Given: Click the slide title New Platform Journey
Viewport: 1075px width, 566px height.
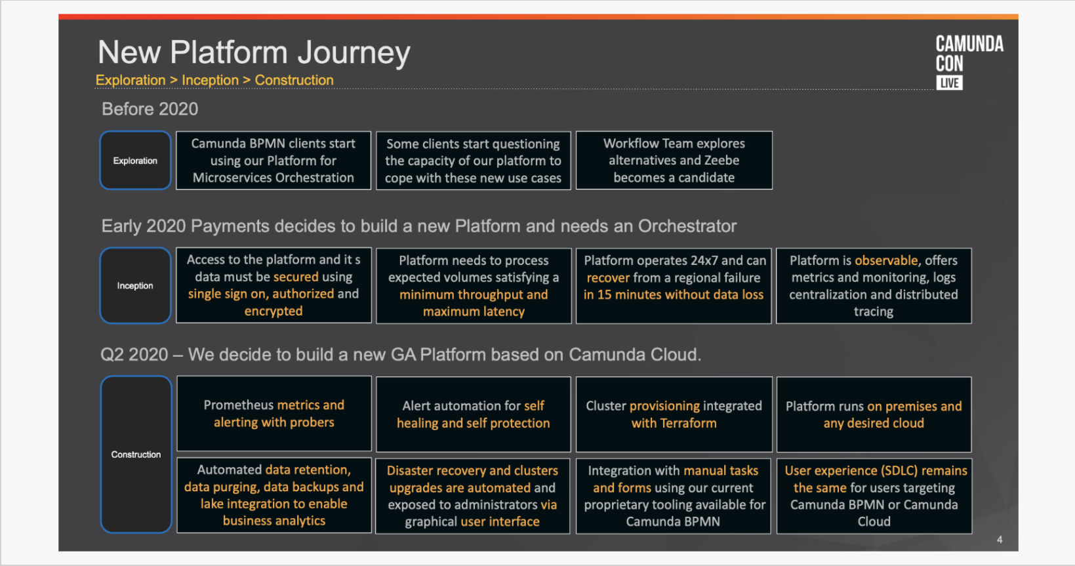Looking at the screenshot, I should click(254, 52).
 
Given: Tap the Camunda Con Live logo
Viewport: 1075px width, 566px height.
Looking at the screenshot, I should click(968, 62).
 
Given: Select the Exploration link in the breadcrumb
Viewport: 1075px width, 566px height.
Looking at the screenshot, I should click(131, 80).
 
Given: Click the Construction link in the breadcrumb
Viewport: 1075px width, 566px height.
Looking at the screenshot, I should click(294, 80).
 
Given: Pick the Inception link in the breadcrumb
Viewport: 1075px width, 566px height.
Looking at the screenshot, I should click(210, 80).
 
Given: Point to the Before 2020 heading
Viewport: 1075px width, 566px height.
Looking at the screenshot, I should click(150, 109).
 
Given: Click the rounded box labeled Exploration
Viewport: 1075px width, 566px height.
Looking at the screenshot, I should click(135, 161).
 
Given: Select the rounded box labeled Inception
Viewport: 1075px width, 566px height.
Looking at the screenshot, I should click(135, 285).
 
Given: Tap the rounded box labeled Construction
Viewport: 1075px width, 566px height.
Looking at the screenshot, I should click(136, 455).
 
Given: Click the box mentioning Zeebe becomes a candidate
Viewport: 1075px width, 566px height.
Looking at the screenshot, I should click(674, 161).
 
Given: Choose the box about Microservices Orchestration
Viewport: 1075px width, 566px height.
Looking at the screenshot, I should click(274, 161).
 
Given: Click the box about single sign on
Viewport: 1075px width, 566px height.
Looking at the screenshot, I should click(274, 285).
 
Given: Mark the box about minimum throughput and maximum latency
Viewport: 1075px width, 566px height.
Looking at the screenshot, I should click(474, 285).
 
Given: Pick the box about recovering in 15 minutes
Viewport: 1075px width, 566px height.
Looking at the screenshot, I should click(674, 285).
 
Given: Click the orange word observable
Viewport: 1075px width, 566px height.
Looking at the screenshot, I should click(886, 260).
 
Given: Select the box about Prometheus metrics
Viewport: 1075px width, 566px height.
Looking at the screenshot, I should click(274, 414).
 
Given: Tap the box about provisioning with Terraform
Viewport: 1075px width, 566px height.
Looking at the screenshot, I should click(674, 414).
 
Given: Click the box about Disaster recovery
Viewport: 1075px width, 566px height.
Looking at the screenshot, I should click(472, 496).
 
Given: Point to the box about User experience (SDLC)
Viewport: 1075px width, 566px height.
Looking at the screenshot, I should click(874, 496).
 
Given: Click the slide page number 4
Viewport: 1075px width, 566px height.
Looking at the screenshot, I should click(1000, 540).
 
